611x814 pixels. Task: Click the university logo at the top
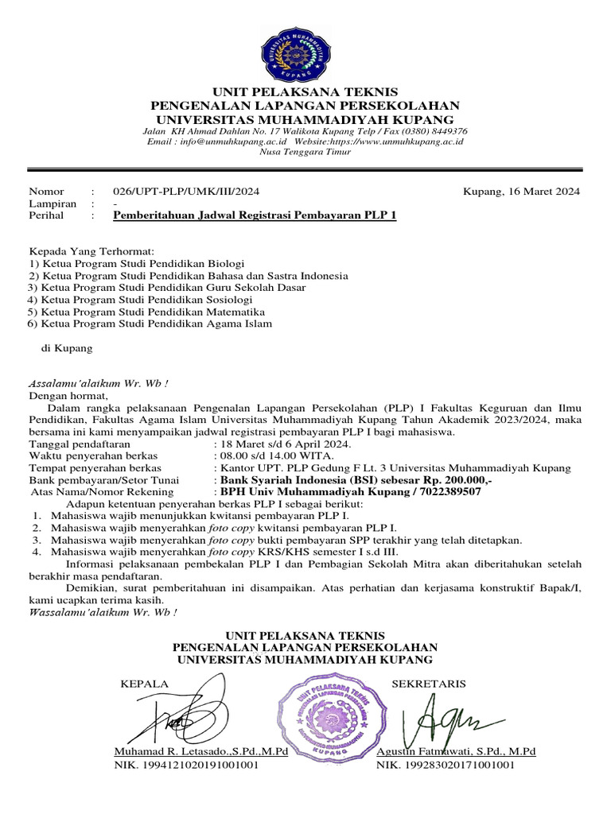coord(305,48)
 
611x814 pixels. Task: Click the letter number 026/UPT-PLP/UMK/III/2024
coord(186,192)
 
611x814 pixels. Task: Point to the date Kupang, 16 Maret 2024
coord(521,192)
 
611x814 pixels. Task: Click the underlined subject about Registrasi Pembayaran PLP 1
coord(255,215)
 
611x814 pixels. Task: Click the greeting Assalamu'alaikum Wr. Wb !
coord(99,382)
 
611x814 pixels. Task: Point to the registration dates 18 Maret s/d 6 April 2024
coord(284,444)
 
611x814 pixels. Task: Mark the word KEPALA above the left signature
coord(144,684)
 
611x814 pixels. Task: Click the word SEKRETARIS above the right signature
coord(429,684)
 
